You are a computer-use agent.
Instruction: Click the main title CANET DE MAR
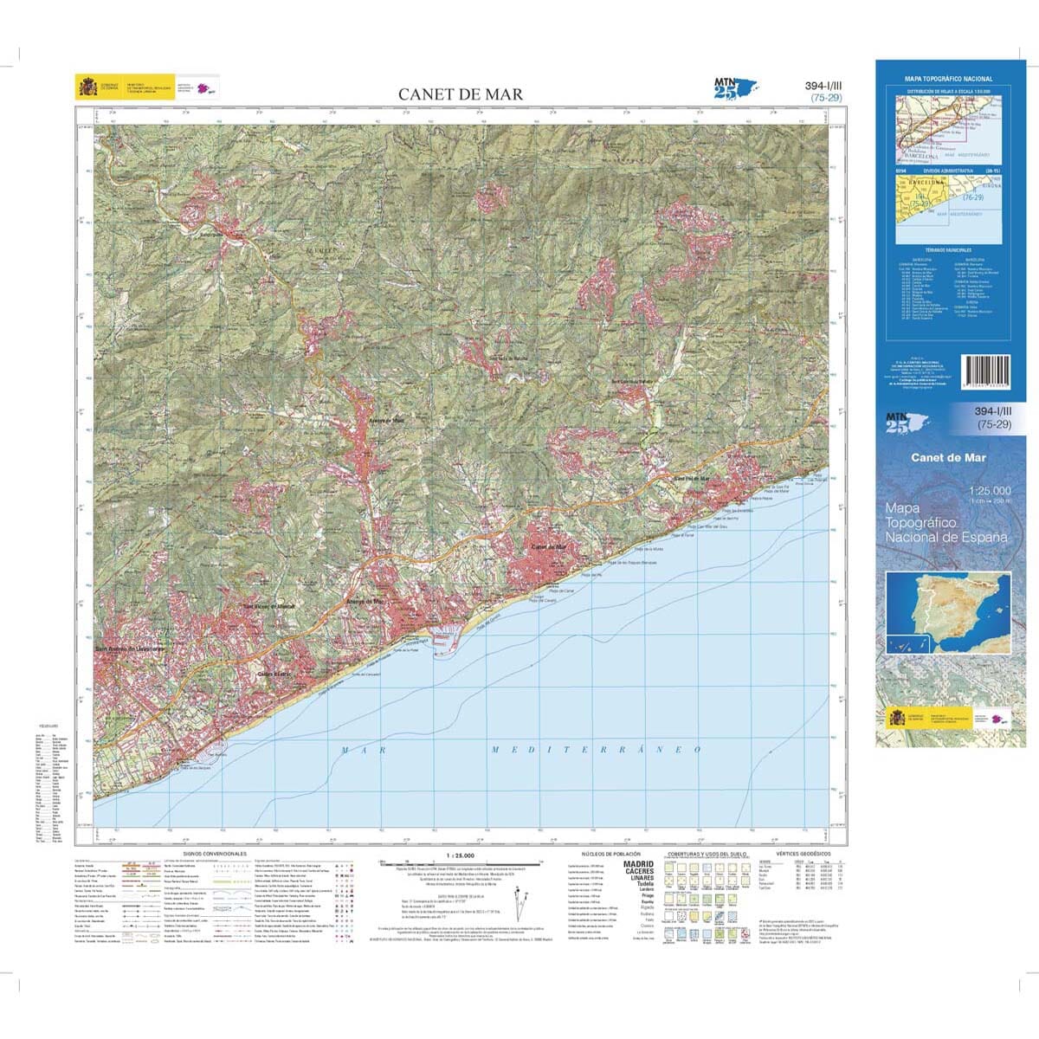pos(460,94)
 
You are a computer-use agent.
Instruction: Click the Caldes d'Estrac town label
pos(271,673)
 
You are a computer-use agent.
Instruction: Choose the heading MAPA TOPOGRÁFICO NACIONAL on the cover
pos(947,79)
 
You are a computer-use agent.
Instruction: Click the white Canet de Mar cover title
pos(947,458)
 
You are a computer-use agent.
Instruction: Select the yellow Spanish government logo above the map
pos(89,87)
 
